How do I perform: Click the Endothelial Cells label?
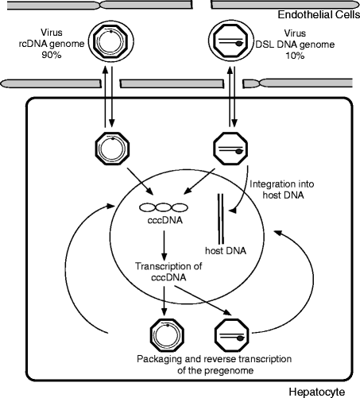319,14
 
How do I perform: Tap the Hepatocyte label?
317,392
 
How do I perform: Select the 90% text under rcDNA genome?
52,55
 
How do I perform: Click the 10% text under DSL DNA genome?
295,56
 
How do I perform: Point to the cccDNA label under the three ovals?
165,220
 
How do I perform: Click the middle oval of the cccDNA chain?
164,207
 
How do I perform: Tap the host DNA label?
226,251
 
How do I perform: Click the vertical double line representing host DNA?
221,219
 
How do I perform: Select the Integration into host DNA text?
282,190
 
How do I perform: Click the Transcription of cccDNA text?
168,272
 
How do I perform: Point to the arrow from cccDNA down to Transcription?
165,245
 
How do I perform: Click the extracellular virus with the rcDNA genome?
111,41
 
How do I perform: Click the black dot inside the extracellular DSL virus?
239,44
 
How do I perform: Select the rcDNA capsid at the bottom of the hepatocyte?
167,335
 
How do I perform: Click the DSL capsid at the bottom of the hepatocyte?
232,335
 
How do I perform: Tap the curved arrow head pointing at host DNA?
234,211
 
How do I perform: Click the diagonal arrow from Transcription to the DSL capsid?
203,300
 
